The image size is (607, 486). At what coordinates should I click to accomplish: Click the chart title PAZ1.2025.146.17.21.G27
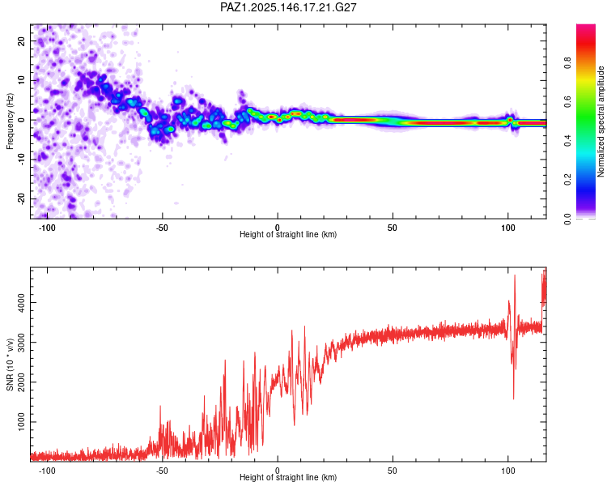(289, 7)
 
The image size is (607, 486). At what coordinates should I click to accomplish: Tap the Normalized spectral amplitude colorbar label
(601, 122)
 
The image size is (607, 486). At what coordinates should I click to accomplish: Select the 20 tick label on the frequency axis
(21, 40)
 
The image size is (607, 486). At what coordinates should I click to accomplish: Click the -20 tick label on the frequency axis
(19, 198)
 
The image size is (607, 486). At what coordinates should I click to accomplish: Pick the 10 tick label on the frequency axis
(21, 80)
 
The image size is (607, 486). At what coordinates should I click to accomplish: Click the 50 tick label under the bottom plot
(393, 470)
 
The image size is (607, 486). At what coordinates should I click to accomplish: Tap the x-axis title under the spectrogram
(288, 235)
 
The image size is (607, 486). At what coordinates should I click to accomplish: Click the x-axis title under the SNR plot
(288, 479)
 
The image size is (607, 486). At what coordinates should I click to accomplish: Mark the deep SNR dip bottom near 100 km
(513, 398)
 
